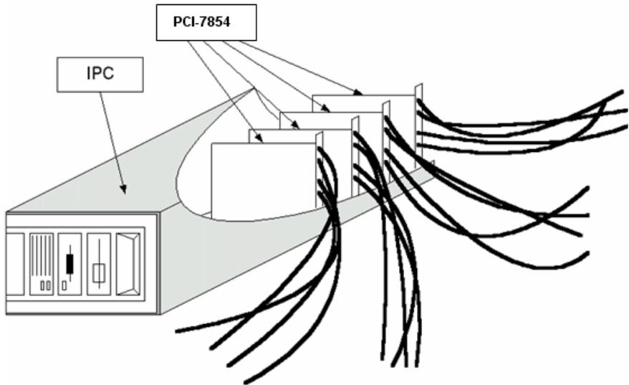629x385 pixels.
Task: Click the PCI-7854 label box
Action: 206,22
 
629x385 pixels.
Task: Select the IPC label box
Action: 100,75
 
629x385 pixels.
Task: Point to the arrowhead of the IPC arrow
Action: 123,189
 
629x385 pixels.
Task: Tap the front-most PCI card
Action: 264,181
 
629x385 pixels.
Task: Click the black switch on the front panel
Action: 70,264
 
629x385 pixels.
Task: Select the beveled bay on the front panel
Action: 128,264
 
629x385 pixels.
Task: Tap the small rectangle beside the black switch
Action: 64,285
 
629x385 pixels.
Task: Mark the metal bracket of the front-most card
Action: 320,170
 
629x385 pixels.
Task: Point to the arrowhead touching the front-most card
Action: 260,139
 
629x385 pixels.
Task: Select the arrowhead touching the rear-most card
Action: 357,92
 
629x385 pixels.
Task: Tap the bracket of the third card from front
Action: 386,141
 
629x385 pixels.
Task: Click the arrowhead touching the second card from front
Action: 295,125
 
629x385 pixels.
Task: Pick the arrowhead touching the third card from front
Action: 326,108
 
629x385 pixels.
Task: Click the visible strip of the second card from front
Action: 299,136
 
